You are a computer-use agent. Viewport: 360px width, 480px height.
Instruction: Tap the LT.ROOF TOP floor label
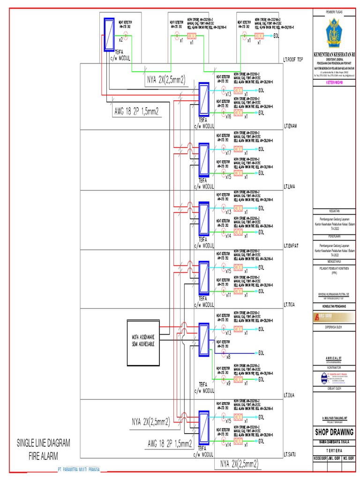(294, 60)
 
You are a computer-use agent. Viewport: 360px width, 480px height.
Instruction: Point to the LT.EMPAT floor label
(292, 245)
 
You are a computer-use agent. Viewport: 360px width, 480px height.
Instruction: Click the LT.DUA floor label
(290, 395)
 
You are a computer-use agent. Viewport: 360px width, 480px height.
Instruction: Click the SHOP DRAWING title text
(334, 432)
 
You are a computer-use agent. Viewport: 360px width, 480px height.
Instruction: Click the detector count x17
(228, 152)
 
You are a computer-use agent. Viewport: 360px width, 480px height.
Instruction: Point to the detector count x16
(228, 116)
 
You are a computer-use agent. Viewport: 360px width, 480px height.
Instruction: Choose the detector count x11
(228, 295)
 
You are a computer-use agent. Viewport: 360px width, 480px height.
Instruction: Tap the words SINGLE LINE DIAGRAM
(44, 442)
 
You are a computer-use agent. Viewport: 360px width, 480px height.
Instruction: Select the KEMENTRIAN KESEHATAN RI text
(334, 55)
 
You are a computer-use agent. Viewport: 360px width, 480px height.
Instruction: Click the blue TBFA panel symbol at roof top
(110, 33)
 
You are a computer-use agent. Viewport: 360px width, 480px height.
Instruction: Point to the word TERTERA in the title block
(334, 448)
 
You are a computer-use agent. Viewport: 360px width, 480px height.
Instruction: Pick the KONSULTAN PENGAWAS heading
(334, 306)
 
